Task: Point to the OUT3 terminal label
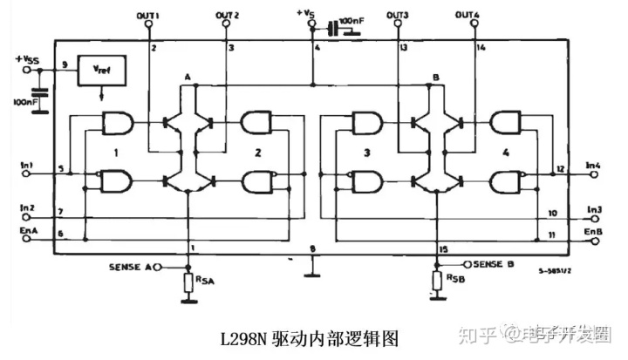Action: tap(397, 15)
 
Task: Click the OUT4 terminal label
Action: tap(472, 15)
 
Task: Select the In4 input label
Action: tap(594, 164)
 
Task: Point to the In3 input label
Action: tap(594, 209)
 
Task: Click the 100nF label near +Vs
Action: tap(354, 18)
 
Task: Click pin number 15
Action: tap(443, 251)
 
